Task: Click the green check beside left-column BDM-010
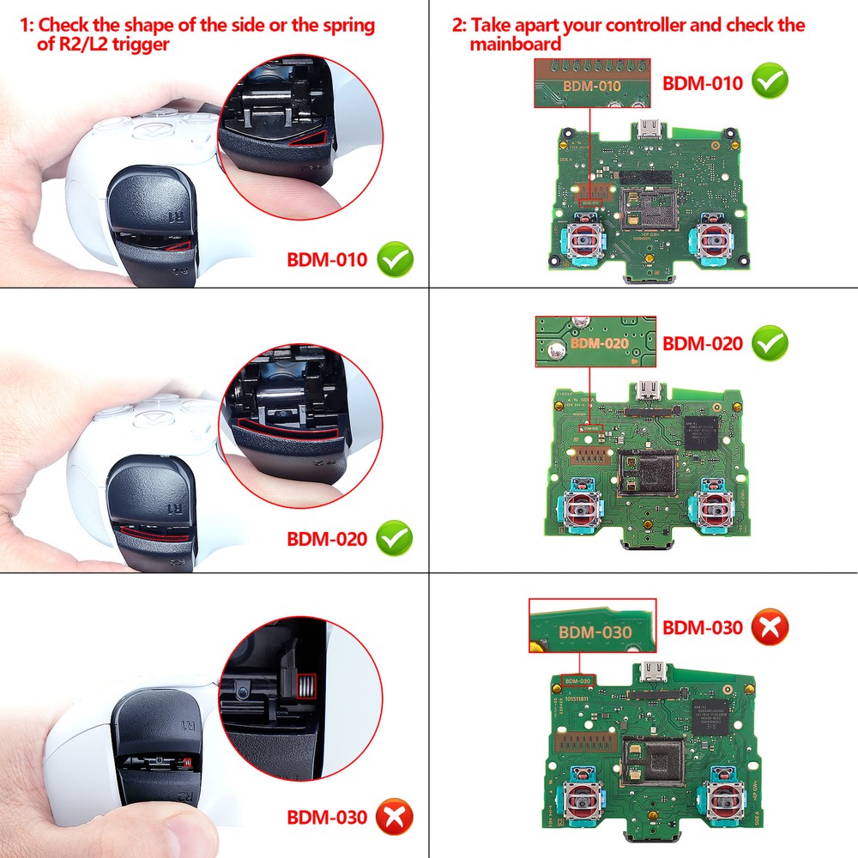[x=395, y=259]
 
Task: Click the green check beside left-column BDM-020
[x=395, y=539]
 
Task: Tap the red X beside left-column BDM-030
[x=395, y=817]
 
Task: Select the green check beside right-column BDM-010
[x=770, y=82]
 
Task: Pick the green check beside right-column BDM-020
[x=770, y=343]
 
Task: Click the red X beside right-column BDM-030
[x=770, y=628]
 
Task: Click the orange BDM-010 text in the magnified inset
[x=592, y=87]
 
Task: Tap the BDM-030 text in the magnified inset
[x=595, y=633]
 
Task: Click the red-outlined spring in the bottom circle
[x=305, y=685]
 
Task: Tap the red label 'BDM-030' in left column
[x=326, y=817]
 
